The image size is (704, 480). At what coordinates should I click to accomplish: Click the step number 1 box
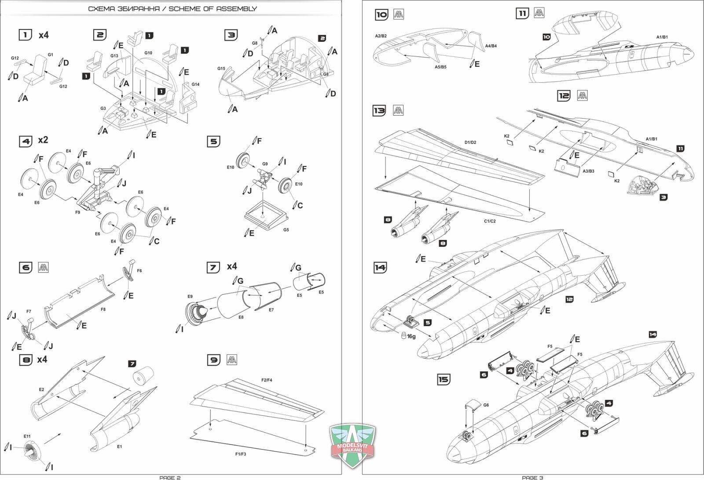[x=26, y=35]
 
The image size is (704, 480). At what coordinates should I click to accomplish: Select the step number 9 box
[x=213, y=360]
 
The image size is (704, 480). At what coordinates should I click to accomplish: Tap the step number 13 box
[x=379, y=111]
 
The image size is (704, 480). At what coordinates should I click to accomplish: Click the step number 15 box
[x=444, y=379]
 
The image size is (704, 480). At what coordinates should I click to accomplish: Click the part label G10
[x=148, y=53]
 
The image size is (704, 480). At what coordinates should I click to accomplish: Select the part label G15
[x=221, y=69]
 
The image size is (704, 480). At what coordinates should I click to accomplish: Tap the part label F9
[x=77, y=212]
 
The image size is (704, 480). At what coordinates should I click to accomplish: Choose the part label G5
[x=286, y=230]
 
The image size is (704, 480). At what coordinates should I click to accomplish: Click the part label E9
[x=190, y=296]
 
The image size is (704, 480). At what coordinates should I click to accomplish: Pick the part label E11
[x=27, y=436]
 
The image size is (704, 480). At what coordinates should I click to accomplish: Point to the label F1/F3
[x=240, y=454]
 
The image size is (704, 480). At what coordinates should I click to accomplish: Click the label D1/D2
[x=470, y=142]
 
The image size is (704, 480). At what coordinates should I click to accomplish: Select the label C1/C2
[x=490, y=221]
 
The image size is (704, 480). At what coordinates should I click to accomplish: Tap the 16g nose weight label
[x=411, y=336]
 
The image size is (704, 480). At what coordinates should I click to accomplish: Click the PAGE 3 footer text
[x=532, y=477]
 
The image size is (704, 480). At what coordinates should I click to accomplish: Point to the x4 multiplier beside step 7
[x=232, y=267]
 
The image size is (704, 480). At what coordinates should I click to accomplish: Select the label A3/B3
[x=588, y=171]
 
